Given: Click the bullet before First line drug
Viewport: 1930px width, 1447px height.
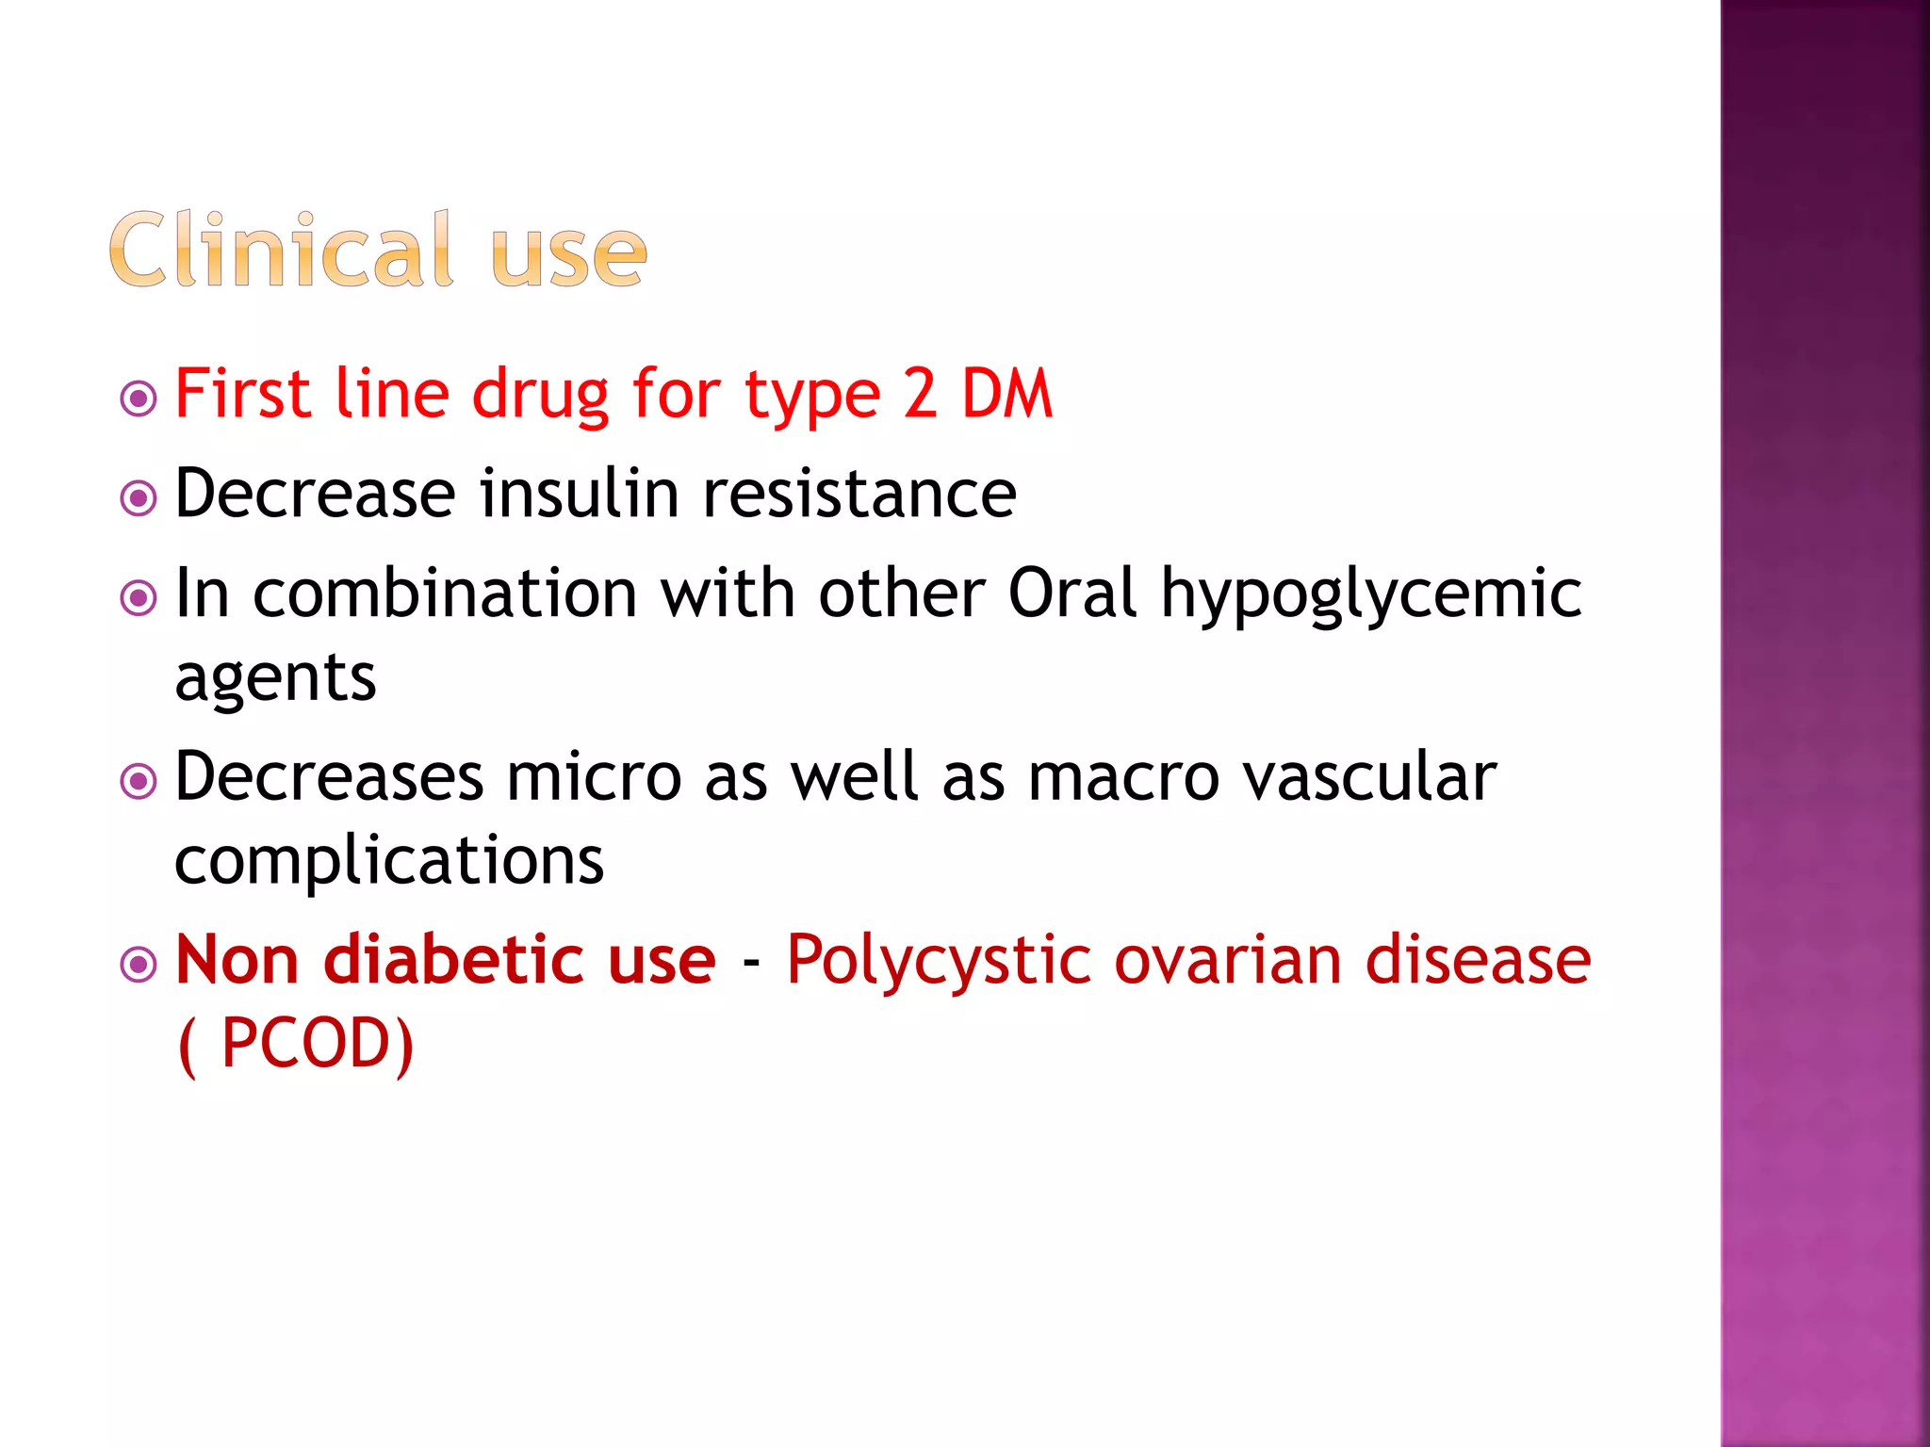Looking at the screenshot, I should click(x=139, y=398).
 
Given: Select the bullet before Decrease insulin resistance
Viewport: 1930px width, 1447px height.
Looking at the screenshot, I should click(x=139, y=498).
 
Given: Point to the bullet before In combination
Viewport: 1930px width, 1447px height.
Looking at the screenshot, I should click(x=139, y=597).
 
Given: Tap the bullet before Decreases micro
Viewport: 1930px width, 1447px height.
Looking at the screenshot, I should click(x=139, y=781).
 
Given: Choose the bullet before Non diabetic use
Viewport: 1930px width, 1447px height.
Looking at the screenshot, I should click(x=139, y=964).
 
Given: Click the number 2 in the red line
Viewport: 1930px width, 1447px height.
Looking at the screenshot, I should click(x=920, y=394).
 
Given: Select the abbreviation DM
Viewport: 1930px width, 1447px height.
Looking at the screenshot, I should click(x=1006, y=394).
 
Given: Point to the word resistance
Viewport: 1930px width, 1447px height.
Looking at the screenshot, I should click(x=859, y=495).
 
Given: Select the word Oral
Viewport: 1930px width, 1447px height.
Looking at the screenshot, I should click(x=1072, y=593).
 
